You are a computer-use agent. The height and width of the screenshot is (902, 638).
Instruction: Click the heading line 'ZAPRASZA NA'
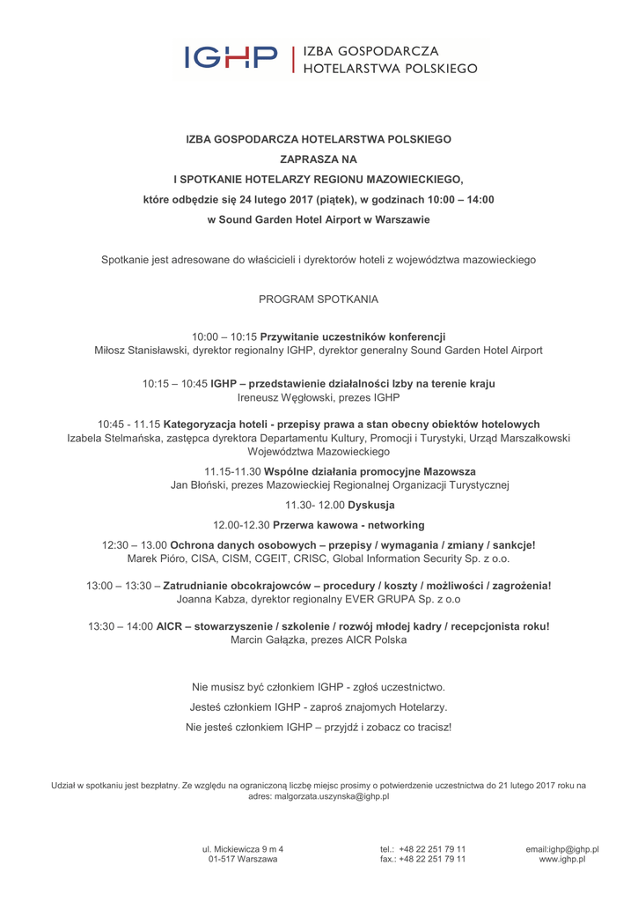coord(319,159)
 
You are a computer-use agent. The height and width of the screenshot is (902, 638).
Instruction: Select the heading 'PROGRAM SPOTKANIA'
coord(319,299)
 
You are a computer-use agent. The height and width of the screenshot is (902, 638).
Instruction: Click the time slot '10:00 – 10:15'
coord(224,336)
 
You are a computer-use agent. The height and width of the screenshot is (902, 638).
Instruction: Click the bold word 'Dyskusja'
coord(371,505)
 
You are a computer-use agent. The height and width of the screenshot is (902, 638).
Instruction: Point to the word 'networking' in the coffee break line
coord(395,525)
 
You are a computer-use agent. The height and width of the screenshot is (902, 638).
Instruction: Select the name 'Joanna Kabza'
coord(209,599)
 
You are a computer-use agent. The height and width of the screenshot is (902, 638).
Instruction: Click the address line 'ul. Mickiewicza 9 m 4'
coord(243,849)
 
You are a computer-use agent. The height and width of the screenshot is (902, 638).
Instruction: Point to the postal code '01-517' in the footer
coord(223,859)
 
